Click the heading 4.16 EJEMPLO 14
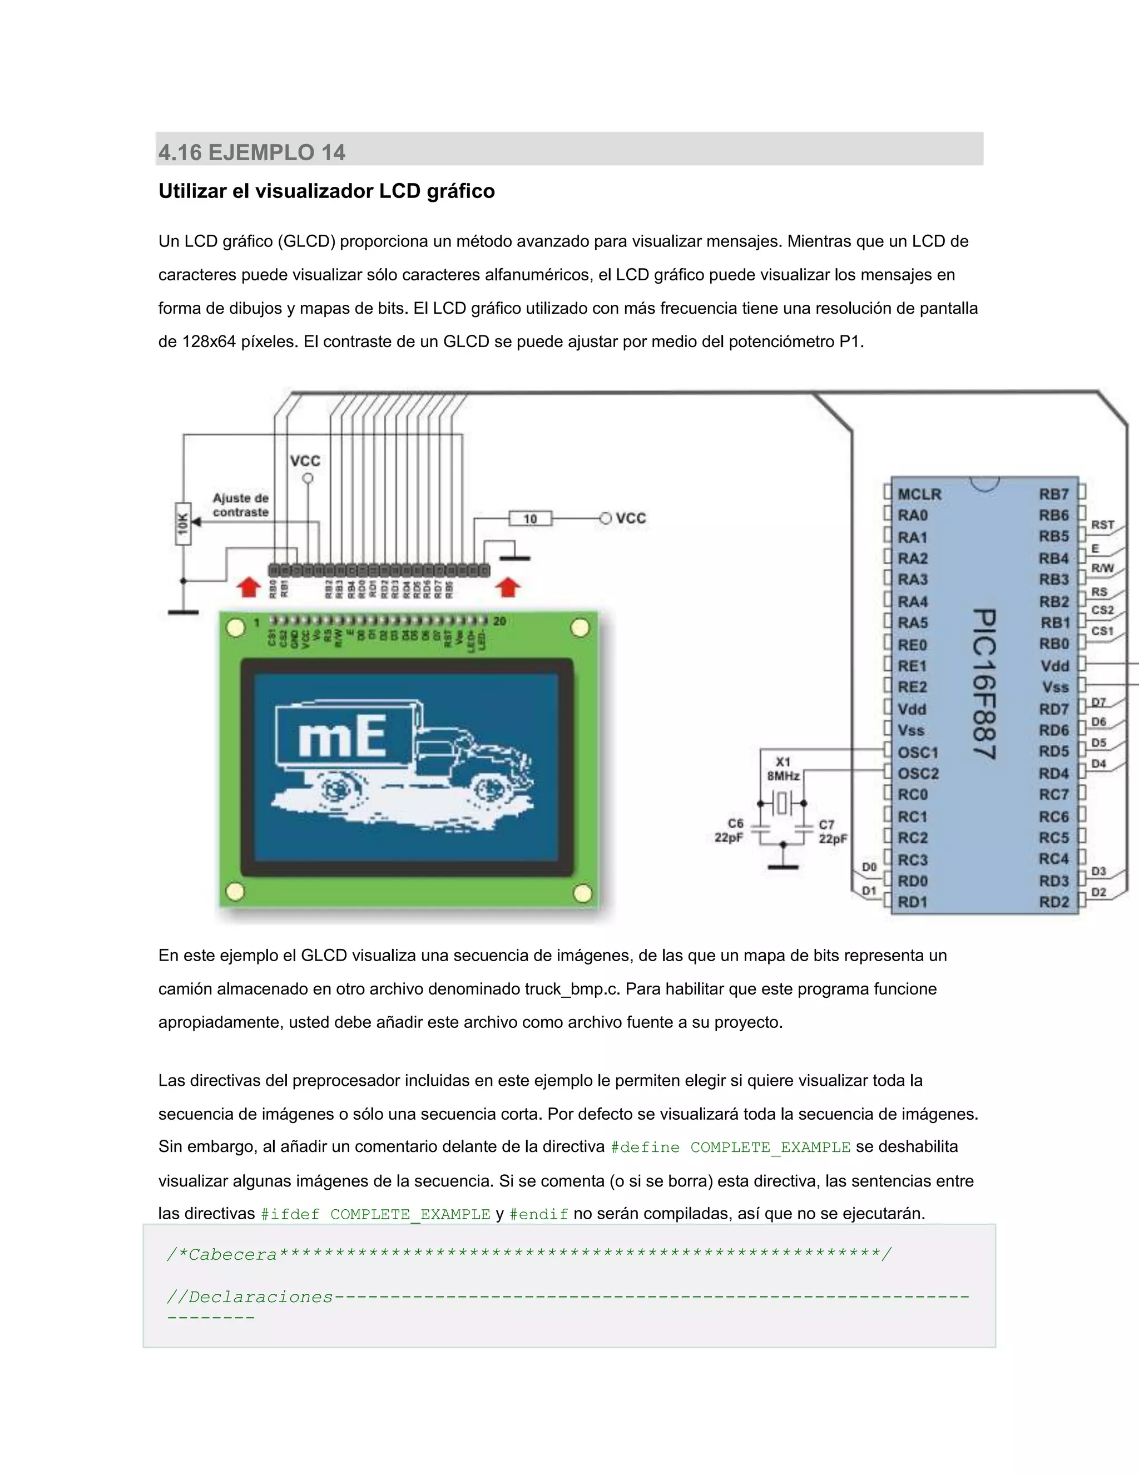[x=252, y=152]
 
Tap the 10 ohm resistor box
[x=531, y=518]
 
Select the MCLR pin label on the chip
[x=919, y=494]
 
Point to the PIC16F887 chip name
[x=984, y=684]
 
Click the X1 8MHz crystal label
[x=783, y=769]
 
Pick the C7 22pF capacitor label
[x=833, y=832]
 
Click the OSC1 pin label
[x=918, y=752]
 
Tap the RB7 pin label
[x=1054, y=494]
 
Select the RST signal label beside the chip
[x=1102, y=525]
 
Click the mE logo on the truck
[x=343, y=736]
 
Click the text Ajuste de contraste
[x=240, y=505]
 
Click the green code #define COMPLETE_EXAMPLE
[x=730, y=1147]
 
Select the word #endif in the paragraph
[x=538, y=1214]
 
